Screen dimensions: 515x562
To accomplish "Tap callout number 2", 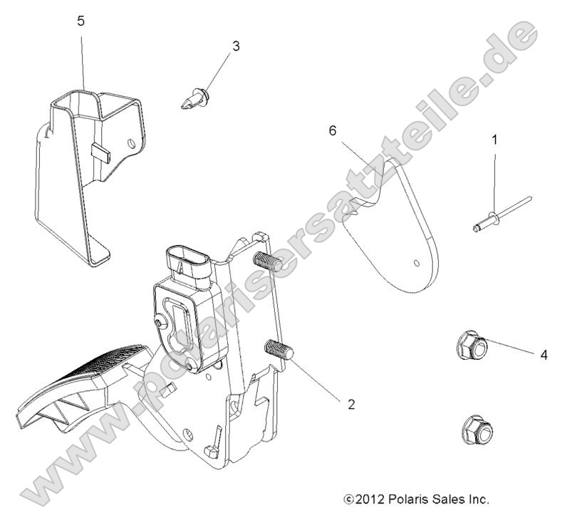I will coord(350,404).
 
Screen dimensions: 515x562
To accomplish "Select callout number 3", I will coord(236,46).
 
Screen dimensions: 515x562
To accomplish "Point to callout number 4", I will coord(543,354).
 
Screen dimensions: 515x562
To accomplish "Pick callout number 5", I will coord(81,21).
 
